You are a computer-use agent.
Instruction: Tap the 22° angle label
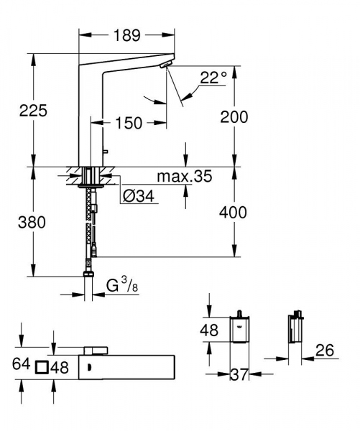coord(213,77)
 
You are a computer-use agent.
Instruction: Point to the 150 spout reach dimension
coord(129,124)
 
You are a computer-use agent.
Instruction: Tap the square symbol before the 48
coord(42,367)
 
